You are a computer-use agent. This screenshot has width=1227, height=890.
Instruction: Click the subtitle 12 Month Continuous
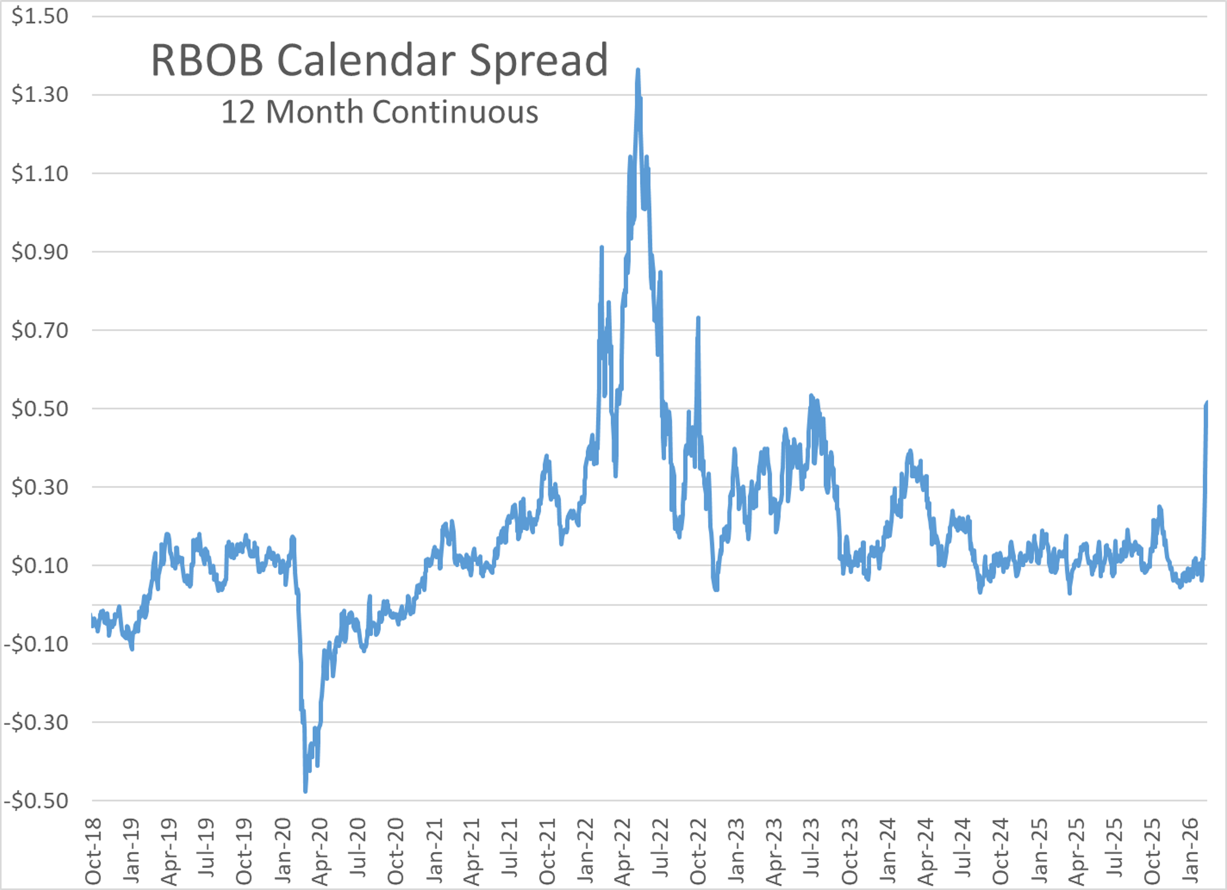click(x=379, y=112)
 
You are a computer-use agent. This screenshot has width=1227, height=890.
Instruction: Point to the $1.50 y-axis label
click(x=40, y=16)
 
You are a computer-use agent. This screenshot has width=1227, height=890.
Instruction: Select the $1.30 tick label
click(x=40, y=95)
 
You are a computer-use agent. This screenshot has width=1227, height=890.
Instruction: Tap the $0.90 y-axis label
click(x=40, y=252)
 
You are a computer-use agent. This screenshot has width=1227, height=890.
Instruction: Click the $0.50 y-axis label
click(x=40, y=409)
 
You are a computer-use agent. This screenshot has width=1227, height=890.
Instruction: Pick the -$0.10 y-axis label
click(x=36, y=644)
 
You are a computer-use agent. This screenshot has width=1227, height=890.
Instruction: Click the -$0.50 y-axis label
click(x=36, y=801)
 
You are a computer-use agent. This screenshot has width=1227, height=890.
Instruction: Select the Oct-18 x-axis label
click(x=93, y=850)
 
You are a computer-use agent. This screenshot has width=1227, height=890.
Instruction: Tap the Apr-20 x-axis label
click(x=320, y=850)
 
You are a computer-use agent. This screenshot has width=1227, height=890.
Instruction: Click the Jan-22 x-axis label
click(x=585, y=850)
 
